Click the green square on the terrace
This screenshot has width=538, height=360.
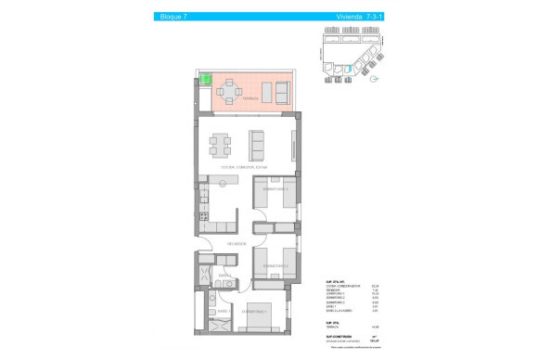coord(208,81)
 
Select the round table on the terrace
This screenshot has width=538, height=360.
coord(229,91)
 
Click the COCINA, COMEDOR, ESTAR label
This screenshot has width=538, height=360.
coord(245,167)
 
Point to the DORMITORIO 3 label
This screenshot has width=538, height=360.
coord(275,189)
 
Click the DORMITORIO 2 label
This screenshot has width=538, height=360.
coord(275,266)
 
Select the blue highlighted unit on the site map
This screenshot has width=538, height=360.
coord(350,67)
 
